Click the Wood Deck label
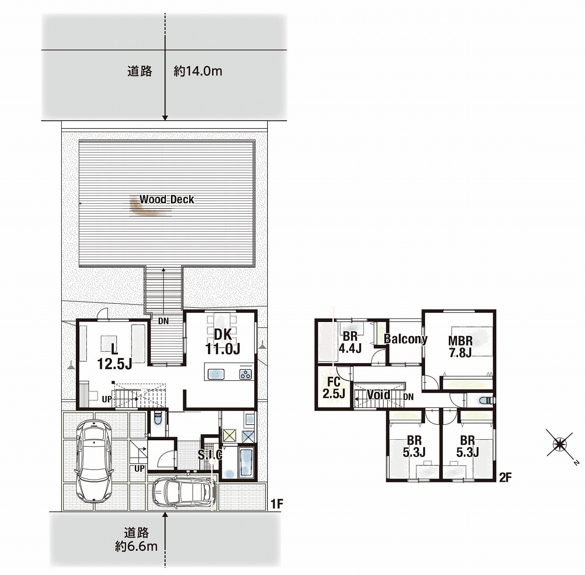(167, 200)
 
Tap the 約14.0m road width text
(198, 72)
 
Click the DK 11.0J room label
(223, 341)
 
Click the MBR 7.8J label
(461, 346)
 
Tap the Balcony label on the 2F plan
(405, 339)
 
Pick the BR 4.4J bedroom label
(350, 343)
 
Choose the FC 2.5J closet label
(334, 387)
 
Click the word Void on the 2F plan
(378, 395)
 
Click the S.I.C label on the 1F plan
(210, 454)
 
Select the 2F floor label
(505, 478)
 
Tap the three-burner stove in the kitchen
(245, 375)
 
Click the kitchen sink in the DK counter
(216, 374)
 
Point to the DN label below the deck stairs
(163, 321)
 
